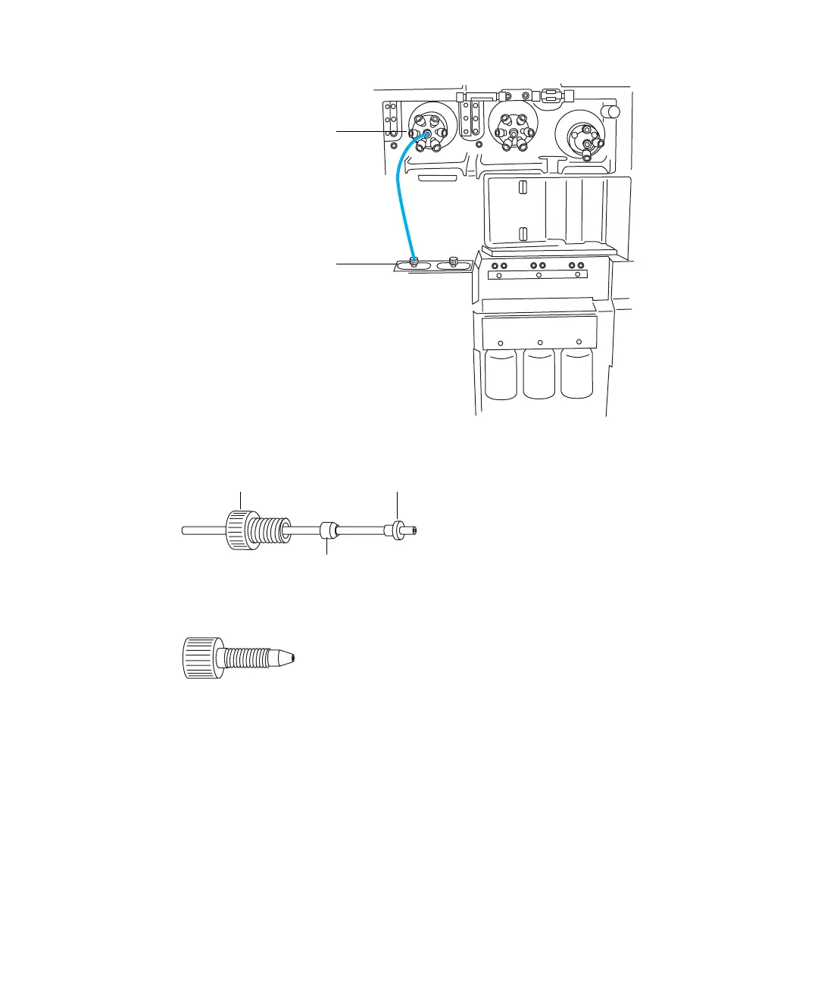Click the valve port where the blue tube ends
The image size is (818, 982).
pos(426,134)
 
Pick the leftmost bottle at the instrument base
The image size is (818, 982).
pos(502,374)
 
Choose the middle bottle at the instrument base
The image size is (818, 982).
pos(540,374)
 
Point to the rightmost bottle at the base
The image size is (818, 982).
pos(578,374)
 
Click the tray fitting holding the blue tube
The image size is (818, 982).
pos(414,262)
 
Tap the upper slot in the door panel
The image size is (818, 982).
pos(522,187)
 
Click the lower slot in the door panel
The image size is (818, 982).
pos(522,233)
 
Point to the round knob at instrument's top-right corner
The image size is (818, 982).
pos(610,111)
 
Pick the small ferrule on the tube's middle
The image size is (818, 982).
pos(327,529)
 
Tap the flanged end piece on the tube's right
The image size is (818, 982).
pos(397,529)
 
